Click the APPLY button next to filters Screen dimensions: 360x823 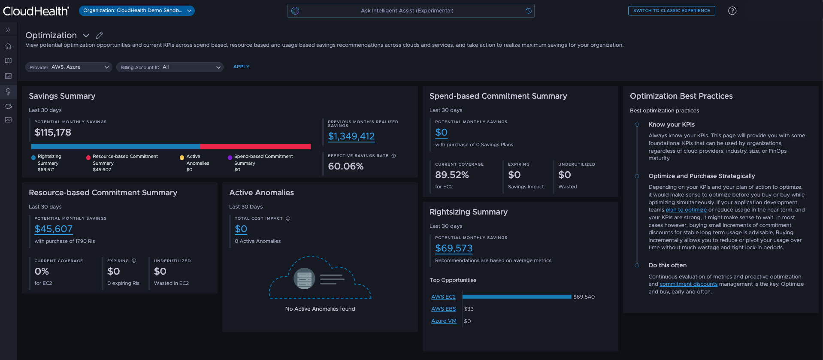241,67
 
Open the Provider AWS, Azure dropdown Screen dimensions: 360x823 69,67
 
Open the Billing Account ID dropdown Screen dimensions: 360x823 169,67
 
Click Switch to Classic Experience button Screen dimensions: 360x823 671,11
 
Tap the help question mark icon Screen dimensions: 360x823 732,11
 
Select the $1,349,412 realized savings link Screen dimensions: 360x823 351,136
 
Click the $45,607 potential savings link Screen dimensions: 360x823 54,229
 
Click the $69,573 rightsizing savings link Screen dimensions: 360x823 454,248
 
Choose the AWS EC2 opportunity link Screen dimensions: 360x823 443,297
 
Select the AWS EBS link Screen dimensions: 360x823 443,309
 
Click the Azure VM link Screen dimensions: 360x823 444,321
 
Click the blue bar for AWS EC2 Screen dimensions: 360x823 517,297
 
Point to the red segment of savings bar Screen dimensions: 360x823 255,147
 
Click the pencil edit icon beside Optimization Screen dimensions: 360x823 100,36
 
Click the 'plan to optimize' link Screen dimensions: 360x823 686,210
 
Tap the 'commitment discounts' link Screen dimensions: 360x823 688,284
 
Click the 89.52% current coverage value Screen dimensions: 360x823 452,175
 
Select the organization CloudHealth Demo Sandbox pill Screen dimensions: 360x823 136,11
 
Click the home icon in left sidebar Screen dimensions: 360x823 8,46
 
